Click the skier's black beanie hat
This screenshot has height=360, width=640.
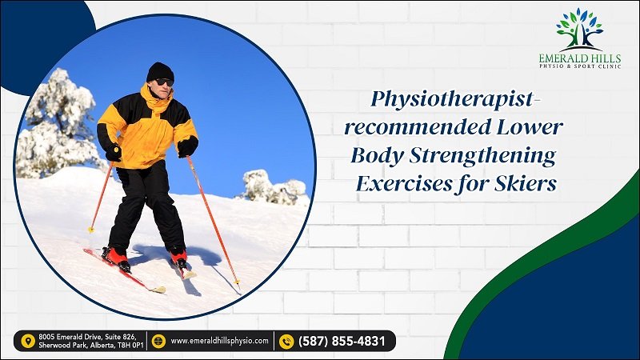click(x=160, y=72)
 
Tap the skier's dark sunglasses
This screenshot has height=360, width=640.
click(x=165, y=82)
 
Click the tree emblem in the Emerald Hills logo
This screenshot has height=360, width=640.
click(x=579, y=30)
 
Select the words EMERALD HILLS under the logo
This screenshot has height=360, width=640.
click(x=579, y=58)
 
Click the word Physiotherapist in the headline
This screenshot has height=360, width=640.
click(x=452, y=100)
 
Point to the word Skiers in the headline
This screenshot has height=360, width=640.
click(x=526, y=184)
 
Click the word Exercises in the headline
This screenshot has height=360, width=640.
click(x=404, y=184)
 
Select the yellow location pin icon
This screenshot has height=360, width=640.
click(x=28, y=342)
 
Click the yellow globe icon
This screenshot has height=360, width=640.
click(x=158, y=342)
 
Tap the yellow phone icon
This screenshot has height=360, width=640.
click(x=286, y=342)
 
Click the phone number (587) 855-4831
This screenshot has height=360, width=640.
click(x=342, y=341)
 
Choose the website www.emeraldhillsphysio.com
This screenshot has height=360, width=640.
click(x=219, y=341)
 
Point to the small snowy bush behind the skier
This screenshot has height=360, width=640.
click(x=274, y=186)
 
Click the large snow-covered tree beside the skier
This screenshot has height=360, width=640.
click(x=57, y=122)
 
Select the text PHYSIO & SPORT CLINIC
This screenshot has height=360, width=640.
click(x=580, y=66)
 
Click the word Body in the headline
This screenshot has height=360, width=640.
click(x=377, y=156)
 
